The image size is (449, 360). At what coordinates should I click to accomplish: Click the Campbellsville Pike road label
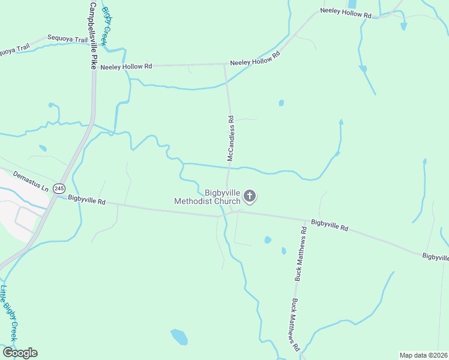pyautogui.click(x=92, y=36)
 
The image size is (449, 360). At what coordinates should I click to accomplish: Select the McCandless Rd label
pyautogui.click(x=230, y=139)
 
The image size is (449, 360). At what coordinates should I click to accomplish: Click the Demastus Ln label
pyautogui.click(x=30, y=183)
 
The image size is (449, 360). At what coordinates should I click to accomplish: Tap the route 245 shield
pyautogui.click(x=58, y=188)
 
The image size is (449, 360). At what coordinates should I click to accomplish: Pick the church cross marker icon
pyautogui.click(x=250, y=196)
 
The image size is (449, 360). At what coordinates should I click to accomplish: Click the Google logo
pyautogui.click(x=20, y=352)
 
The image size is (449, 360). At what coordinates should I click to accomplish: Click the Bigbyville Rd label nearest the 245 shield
pyautogui.click(x=86, y=200)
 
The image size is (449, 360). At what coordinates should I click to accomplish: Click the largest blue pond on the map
pyautogui.click(x=179, y=337)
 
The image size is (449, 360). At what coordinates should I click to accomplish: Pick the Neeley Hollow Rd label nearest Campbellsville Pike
pyautogui.click(x=127, y=67)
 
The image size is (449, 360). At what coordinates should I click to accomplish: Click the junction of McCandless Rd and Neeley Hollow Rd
pyautogui.click(x=224, y=64)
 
